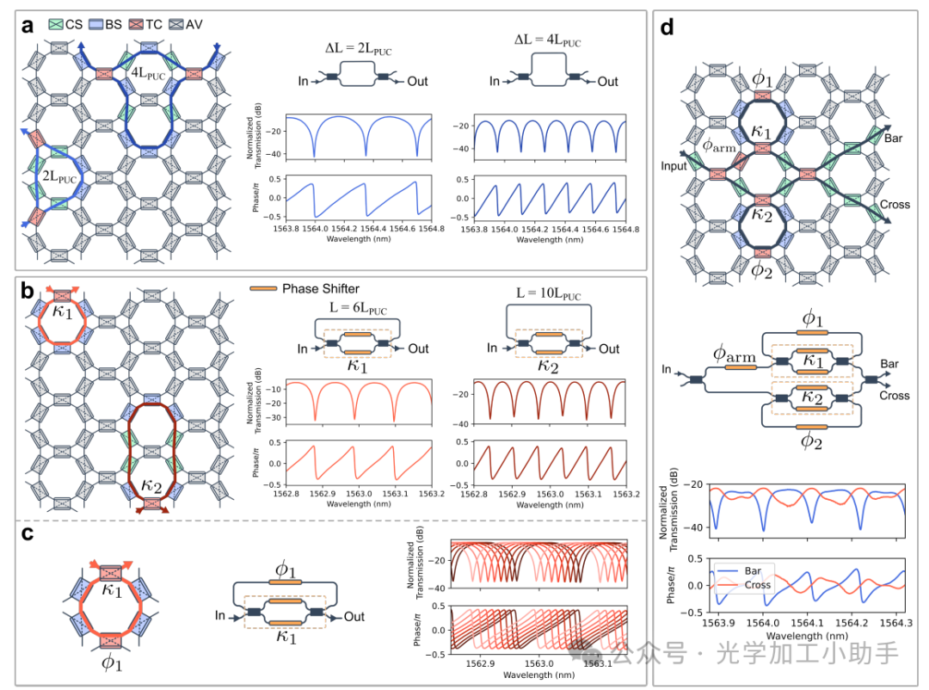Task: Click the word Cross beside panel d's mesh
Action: click(895, 205)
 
